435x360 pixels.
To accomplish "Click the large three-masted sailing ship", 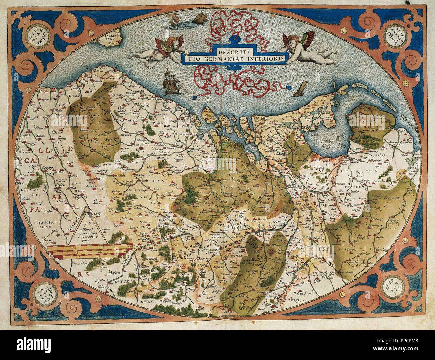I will point(171,83).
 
